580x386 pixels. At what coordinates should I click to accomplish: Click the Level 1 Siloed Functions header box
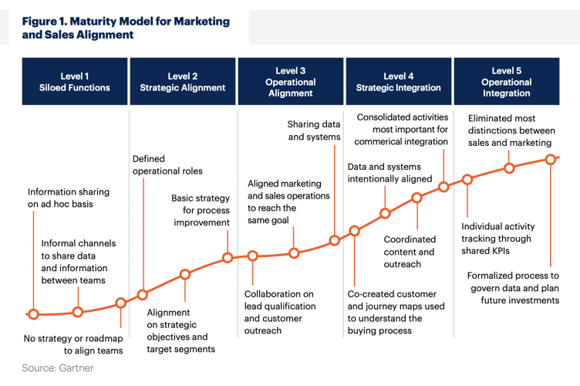75,82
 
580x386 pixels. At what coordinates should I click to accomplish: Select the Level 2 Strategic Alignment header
183,82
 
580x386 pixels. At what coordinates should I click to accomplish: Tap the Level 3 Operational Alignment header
290,82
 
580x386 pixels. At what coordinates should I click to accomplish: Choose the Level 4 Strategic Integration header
398,82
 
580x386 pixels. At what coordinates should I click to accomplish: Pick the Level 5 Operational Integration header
506,82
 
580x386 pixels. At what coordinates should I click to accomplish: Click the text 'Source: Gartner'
58,368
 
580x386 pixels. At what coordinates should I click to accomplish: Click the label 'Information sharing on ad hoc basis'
69,198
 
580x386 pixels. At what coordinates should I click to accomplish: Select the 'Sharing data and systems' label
314,130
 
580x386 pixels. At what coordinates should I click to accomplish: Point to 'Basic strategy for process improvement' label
201,210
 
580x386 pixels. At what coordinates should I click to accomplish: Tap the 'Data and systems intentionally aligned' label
389,173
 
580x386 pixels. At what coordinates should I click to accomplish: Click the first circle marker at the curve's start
33,314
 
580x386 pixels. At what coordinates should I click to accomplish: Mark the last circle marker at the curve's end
551,160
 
